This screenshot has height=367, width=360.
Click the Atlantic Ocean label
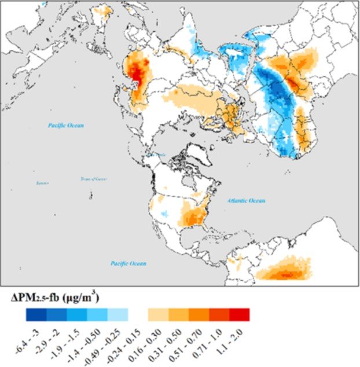pyautogui.click(x=246, y=201)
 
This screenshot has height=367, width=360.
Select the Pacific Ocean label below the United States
pyautogui.click(x=128, y=263)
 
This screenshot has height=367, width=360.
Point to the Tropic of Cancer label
pyautogui.click(x=93, y=179)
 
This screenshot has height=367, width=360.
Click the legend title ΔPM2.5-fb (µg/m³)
pyautogui.click(x=56, y=298)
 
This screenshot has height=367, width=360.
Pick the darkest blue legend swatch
pyautogui.click(x=35, y=314)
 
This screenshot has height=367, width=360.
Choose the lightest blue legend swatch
pyautogui.click(x=117, y=314)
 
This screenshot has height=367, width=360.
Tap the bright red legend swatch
pyautogui.click(x=239, y=314)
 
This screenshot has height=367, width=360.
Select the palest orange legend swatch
pyautogui.click(x=158, y=314)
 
